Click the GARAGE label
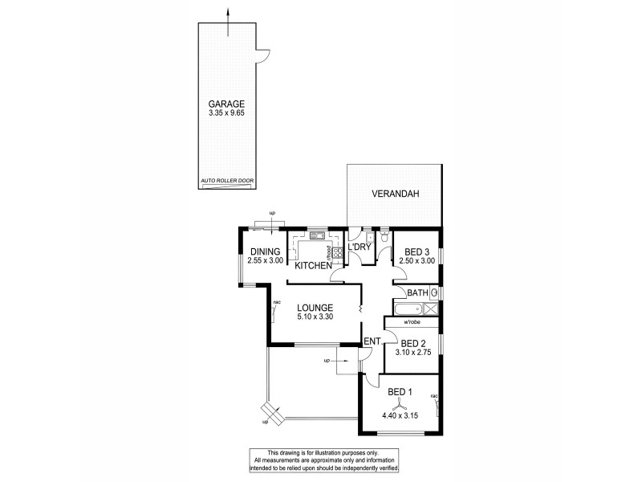(227, 104)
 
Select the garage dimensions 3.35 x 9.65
(227, 114)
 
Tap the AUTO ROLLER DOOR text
(227, 182)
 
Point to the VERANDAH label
(395, 194)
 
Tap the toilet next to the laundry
(385, 238)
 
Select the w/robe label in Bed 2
(412, 322)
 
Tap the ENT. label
(372, 342)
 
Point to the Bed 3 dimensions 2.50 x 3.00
(416, 261)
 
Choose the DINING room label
(264, 251)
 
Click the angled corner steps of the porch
(271, 415)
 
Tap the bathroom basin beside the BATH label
(434, 292)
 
